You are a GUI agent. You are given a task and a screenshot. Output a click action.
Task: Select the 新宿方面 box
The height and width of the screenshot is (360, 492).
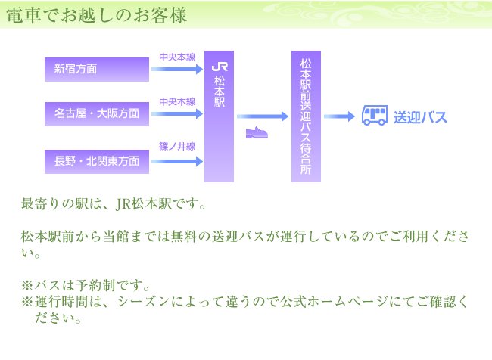[x=97, y=70]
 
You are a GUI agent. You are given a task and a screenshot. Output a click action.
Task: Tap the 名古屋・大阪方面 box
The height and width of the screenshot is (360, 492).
[x=97, y=114]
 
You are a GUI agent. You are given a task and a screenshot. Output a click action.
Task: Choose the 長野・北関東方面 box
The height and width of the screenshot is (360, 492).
[x=97, y=161]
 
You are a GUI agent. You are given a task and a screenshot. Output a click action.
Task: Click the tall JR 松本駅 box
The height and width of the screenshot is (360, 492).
[x=220, y=117]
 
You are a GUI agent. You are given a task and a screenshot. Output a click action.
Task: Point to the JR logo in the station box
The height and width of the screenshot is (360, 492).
[x=220, y=67]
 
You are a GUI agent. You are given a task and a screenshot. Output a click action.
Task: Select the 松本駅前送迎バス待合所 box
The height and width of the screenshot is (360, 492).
[x=306, y=117]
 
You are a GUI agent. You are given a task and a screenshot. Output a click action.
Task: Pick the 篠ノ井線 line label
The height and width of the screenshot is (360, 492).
[x=177, y=146]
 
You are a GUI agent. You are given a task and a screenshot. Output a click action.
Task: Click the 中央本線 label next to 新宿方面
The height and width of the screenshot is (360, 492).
[x=177, y=57]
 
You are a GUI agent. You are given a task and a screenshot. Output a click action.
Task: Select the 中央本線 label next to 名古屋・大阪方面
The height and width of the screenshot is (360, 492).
[x=177, y=101]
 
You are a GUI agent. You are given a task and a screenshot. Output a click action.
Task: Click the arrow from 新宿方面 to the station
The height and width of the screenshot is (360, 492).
[x=177, y=70]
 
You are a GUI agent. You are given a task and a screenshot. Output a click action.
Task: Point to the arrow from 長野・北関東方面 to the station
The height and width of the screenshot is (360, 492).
[x=177, y=160]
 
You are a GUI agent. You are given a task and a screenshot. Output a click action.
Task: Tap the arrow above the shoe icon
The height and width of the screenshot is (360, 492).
[x=262, y=116]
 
